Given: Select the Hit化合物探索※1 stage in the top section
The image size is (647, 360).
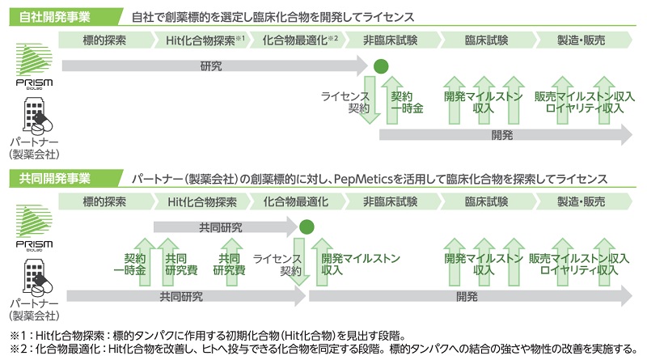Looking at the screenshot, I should click(x=205, y=40).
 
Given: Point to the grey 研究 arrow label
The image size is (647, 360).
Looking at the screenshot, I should click(x=211, y=66).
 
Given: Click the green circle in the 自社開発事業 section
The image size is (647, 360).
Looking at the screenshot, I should click(x=380, y=66).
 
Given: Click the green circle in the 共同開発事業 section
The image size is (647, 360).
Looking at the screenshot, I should click(x=307, y=227).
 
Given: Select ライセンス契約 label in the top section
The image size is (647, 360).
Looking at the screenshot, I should click(x=345, y=101).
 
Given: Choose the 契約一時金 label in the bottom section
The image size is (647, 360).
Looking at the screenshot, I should click(x=129, y=264).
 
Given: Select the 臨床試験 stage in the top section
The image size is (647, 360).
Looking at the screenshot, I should click(x=486, y=40).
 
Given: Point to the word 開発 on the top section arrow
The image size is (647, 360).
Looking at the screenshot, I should click(x=502, y=135).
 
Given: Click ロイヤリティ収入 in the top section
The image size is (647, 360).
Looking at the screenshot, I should click(x=584, y=108).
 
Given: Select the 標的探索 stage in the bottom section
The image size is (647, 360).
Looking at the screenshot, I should click(x=106, y=201).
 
